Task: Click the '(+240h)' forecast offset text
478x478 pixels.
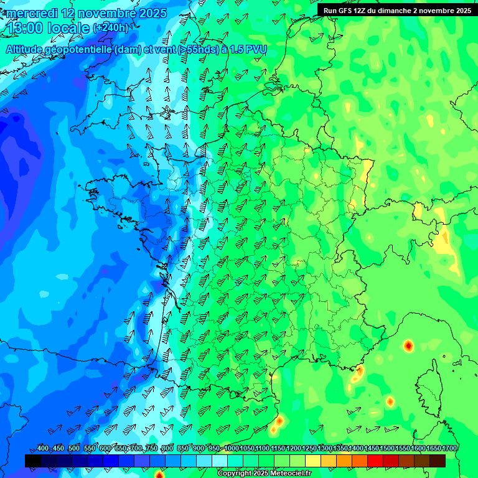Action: click(110, 28)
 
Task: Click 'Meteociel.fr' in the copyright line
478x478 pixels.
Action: click(288, 474)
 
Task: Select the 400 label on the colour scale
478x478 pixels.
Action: click(42, 449)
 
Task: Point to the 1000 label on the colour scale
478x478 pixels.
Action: click(231, 449)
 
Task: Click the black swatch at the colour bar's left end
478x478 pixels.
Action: click(33, 461)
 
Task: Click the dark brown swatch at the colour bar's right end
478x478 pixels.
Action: click(438, 461)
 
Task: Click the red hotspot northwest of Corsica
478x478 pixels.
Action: click(408, 345)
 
